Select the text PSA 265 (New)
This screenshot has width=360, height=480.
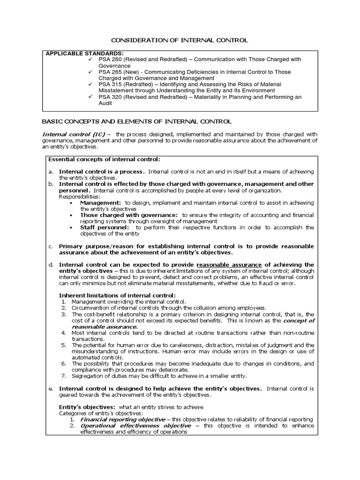pos(121,72)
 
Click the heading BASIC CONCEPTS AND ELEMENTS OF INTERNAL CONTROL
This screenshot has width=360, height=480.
pos(137,121)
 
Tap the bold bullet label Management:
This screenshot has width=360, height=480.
pos(101,202)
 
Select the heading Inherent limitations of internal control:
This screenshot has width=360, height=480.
pos(117,295)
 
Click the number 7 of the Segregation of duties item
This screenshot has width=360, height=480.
pos(64,375)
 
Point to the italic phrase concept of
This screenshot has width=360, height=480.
pos(298,320)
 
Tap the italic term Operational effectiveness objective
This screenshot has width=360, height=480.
pos(136,426)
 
